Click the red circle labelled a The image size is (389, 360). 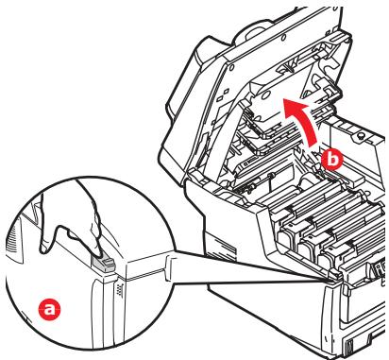point(49,310)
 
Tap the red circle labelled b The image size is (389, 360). point(331,160)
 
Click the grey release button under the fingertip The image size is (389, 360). point(104,263)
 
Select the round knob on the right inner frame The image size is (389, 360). point(362,135)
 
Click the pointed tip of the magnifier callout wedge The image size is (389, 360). point(333,280)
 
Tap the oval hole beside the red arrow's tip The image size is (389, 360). point(265,94)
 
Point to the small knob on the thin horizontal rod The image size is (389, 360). point(270,175)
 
